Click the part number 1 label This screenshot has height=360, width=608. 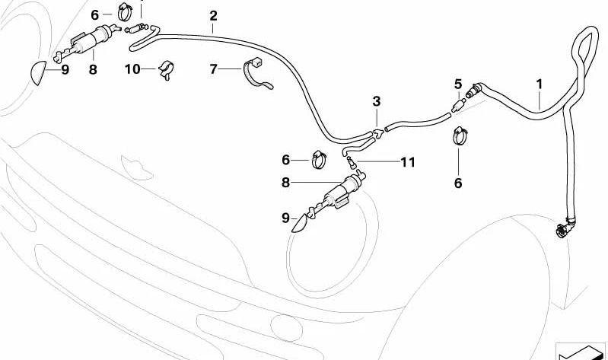[x=539, y=83]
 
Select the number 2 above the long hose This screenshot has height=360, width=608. [x=213, y=15]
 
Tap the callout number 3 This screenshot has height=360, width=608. [x=376, y=101]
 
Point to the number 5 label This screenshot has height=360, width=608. [x=458, y=84]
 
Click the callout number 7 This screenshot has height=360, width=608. [x=215, y=70]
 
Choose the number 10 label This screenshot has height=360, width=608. [x=132, y=69]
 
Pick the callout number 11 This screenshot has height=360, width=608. [x=408, y=162]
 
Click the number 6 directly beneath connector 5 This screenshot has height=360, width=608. [x=458, y=183]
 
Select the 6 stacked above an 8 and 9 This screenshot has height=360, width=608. [x=286, y=160]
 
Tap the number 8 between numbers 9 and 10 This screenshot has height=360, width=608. [x=93, y=69]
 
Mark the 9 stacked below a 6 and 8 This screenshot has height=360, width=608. [x=285, y=218]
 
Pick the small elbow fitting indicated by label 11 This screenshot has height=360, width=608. [x=351, y=161]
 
